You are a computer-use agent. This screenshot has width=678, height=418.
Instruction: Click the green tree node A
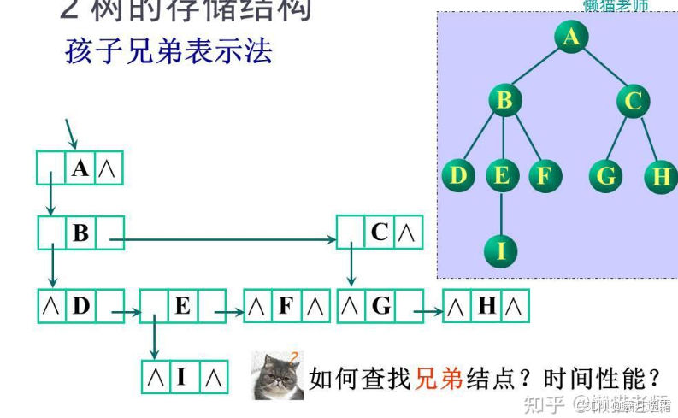pyautogui.click(x=571, y=37)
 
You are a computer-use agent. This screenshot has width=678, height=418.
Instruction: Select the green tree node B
pyautogui.click(x=504, y=101)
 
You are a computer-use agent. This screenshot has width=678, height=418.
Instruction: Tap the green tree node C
pyautogui.click(x=633, y=102)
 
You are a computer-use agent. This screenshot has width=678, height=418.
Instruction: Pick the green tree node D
pyautogui.click(x=459, y=176)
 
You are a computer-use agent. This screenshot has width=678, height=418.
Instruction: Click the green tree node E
pyautogui.click(x=502, y=176)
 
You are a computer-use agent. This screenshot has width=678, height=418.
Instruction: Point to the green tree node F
pyautogui.click(x=544, y=176)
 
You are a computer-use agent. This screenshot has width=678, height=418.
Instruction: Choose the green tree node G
pyautogui.click(x=606, y=176)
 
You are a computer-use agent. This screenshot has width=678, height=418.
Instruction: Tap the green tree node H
pyautogui.click(x=661, y=177)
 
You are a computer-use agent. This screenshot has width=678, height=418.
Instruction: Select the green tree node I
pyautogui.click(x=502, y=250)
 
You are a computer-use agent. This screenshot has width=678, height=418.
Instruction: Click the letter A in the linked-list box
pyautogui.click(x=80, y=168)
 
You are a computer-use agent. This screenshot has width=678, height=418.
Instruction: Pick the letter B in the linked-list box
pyautogui.click(x=81, y=233)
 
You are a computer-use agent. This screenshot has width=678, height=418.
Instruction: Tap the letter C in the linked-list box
pyautogui.click(x=380, y=232)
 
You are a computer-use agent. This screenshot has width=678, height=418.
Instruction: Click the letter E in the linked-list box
pyautogui.click(x=182, y=305)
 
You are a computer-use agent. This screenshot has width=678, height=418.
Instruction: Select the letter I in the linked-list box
pyautogui.click(x=181, y=376)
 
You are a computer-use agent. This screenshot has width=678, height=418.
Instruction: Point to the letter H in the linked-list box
pyautogui.click(x=486, y=305)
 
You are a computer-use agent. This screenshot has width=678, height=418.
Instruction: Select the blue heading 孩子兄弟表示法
pyautogui.click(x=168, y=51)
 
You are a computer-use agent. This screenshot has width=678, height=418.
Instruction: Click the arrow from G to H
pyautogui.click(x=433, y=313)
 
